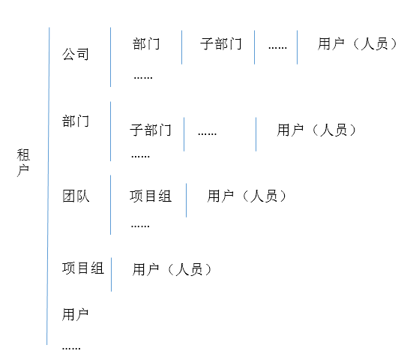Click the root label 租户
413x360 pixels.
coord(23,163)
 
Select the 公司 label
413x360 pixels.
coord(76,54)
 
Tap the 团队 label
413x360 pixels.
coord(76,196)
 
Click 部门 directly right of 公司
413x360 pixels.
coord(146,43)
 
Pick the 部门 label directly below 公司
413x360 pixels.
coord(76,121)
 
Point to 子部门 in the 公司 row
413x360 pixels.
coord(220,43)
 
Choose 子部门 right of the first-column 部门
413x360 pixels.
coord(151,130)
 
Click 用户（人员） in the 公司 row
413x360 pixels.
coord(358,43)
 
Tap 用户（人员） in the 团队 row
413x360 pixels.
coord(247,196)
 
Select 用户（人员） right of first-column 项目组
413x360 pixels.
coord(172,269)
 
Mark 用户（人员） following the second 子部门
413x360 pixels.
coord(316,130)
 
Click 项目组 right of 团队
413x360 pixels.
coord(151,196)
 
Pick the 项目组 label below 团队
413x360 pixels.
coord(83,268)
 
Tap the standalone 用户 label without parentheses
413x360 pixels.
coord(76,315)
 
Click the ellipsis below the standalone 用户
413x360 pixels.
coord(71,349)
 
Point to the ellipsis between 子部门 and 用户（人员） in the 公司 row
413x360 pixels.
coord(277,48)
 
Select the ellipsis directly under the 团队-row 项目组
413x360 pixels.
coord(140,226)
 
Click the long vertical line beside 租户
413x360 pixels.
coord(48,186)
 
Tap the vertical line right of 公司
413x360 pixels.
coord(111,57)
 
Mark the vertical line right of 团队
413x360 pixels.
coord(111,205)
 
